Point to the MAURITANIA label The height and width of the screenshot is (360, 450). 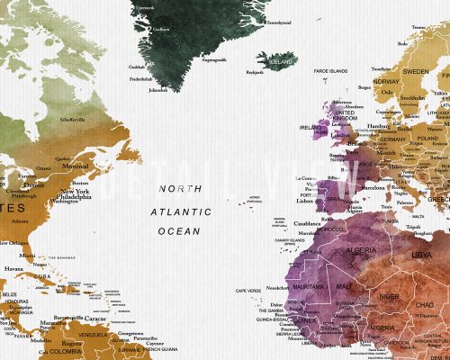click(x=308, y=286)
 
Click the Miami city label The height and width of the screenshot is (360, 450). click(x=31, y=254)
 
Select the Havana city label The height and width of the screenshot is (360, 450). click(x=13, y=268)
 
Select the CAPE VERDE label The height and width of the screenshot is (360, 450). click(x=247, y=291)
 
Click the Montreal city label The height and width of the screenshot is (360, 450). click(x=74, y=165)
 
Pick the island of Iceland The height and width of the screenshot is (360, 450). click(x=280, y=60)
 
